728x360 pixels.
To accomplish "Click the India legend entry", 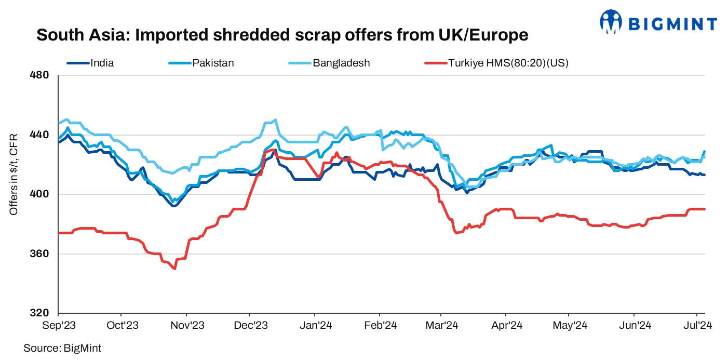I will pos(102,63).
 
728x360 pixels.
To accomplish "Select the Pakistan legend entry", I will pos(213,63).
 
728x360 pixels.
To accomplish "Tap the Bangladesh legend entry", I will pos(341,63).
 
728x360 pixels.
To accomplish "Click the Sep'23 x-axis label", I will pos(58,326).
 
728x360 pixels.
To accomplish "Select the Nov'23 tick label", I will pos(187,326).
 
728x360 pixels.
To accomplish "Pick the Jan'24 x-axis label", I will pos(315,326).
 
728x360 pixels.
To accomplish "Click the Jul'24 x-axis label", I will pos(696,326).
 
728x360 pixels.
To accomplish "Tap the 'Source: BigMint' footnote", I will pos(62,348).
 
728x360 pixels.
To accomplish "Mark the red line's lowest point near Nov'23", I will pos(174,269).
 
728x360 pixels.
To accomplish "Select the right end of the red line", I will pos(704,209).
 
